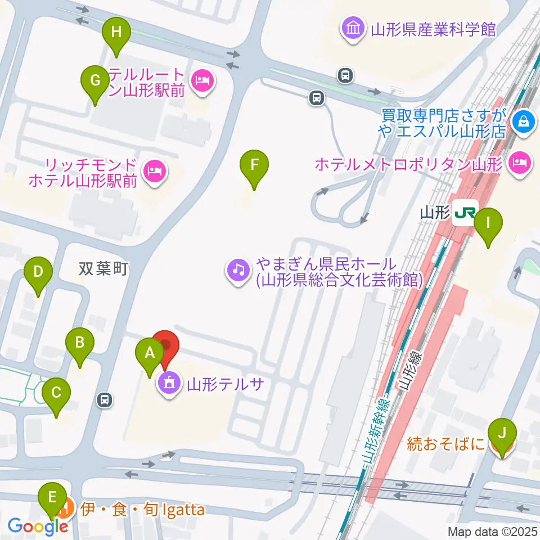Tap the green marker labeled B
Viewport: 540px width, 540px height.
coord(80,342)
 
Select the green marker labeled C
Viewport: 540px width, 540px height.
coord(56,393)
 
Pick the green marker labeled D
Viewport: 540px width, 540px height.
coord(38,272)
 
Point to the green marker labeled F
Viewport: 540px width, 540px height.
coord(254,165)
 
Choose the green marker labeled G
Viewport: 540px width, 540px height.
coord(95,80)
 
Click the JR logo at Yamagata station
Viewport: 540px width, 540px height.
coord(465,213)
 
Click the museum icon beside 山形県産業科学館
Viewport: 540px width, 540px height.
coord(354,29)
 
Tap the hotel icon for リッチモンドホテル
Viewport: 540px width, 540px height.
coord(154,170)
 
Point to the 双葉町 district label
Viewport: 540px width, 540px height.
coord(104,269)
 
